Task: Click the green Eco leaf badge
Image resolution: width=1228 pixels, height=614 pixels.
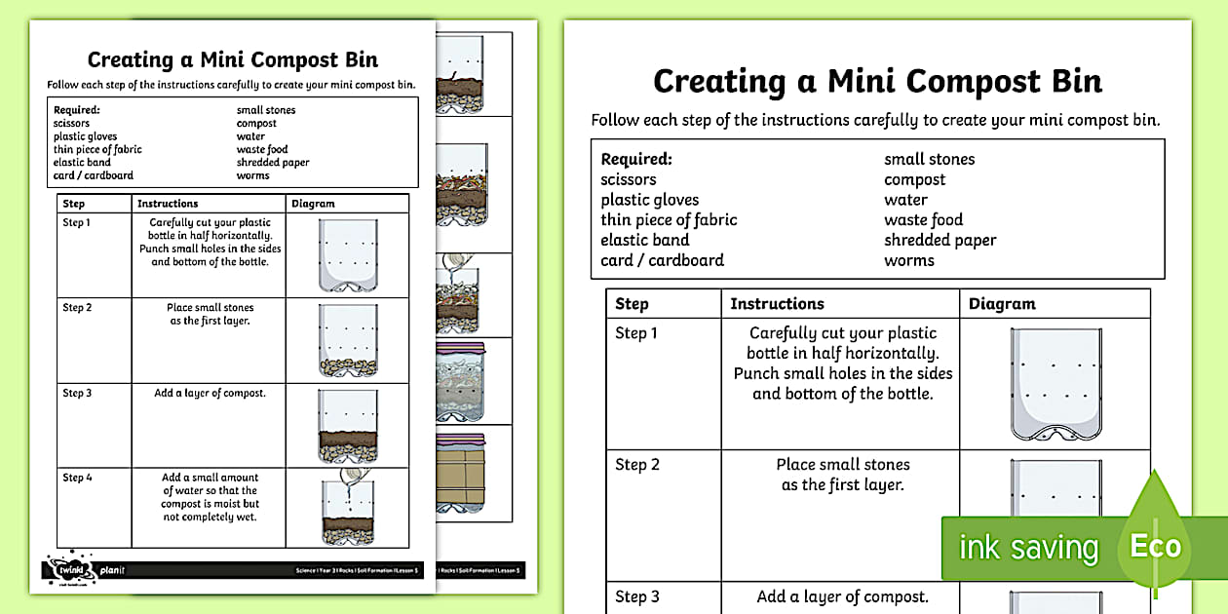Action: (1155, 546)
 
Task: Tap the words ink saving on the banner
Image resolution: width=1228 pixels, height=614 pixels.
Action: (1028, 549)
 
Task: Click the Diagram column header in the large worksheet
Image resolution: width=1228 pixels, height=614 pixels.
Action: (1002, 304)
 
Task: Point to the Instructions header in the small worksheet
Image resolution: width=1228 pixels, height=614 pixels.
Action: (168, 204)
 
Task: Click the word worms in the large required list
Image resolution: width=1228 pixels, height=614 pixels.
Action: (908, 260)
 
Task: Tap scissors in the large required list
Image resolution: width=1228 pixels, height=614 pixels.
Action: (629, 179)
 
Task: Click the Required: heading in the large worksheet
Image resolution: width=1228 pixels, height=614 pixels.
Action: (636, 159)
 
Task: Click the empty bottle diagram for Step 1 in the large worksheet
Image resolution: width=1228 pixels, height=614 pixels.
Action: (1055, 384)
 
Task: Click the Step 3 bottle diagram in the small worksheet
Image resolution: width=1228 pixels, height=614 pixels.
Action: (348, 425)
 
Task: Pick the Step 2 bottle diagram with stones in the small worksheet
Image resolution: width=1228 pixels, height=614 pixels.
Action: (348, 340)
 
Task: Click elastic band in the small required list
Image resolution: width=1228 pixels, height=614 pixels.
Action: (82, 163)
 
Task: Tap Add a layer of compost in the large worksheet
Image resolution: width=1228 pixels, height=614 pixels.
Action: (843, 596)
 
